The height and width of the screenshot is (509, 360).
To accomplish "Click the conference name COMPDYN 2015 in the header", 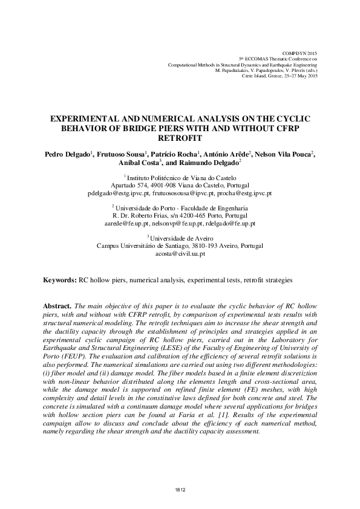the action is click(x=299, y=54).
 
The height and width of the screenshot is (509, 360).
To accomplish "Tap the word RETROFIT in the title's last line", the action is click(x=180, y=137).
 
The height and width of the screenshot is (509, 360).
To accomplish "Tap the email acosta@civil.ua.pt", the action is click(x=180, y=254).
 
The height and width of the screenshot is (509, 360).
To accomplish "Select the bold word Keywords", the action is click(x=59, y=280).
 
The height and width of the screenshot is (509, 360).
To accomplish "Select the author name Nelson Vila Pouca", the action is click(x=281, y=155).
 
